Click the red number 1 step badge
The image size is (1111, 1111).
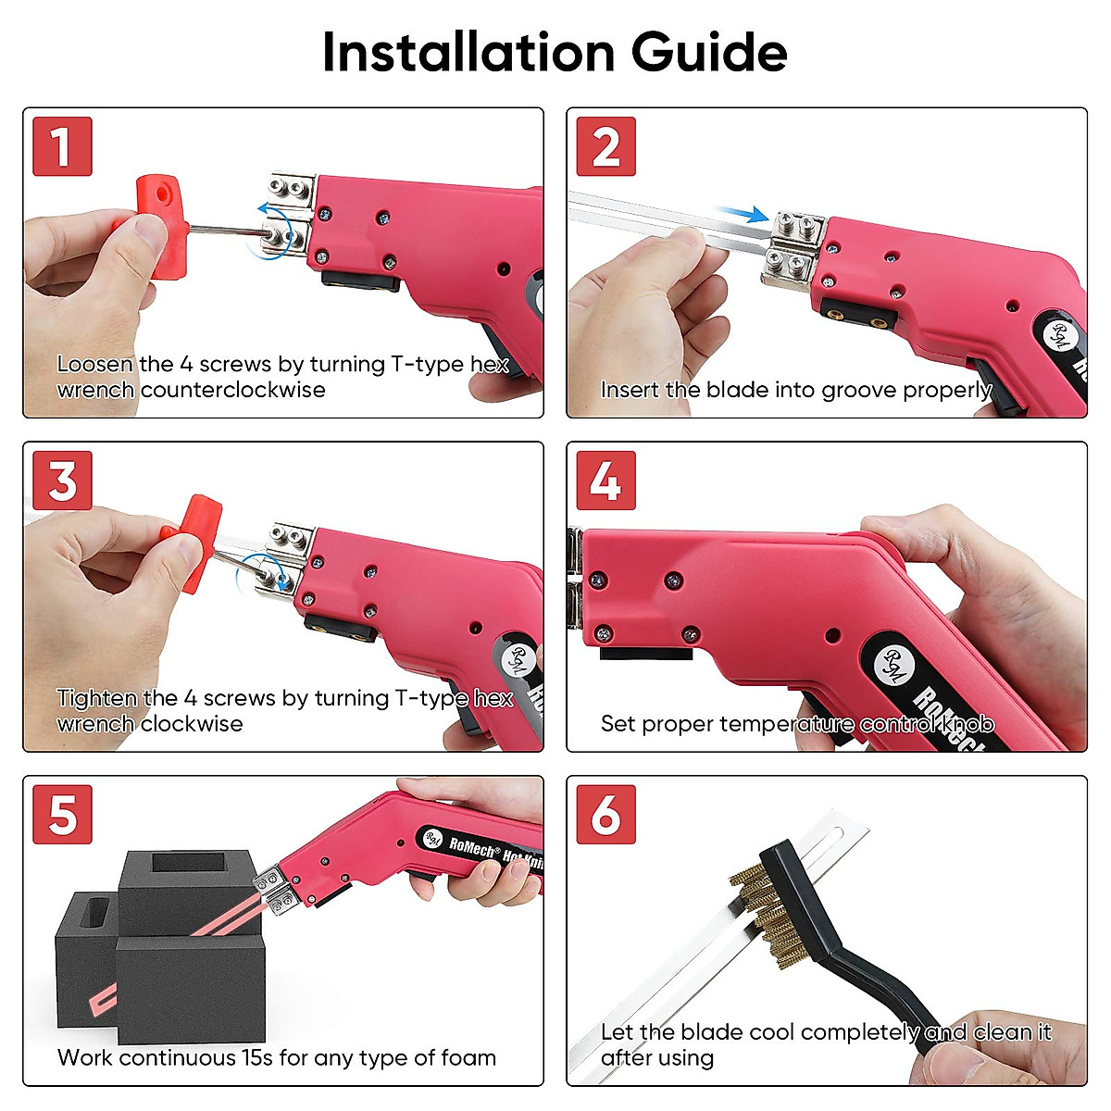pos(62,146)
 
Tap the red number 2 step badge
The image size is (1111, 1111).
pos(605,146)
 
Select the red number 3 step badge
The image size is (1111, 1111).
pos(62,481)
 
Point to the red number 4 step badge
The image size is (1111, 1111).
pos(605,481)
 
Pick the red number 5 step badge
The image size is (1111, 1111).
pos(62,814)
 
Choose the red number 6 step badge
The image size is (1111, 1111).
pos(605,814)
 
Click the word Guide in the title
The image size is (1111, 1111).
pos(709,53)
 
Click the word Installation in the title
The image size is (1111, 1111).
pos(468,52)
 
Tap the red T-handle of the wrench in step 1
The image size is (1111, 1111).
pos(160,225)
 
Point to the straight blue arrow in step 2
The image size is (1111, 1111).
pos(742,213)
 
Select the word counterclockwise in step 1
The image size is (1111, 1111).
pos(233,391)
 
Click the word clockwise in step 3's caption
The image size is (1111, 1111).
pos(192,724)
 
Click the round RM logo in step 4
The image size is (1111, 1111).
pos(894,665)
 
